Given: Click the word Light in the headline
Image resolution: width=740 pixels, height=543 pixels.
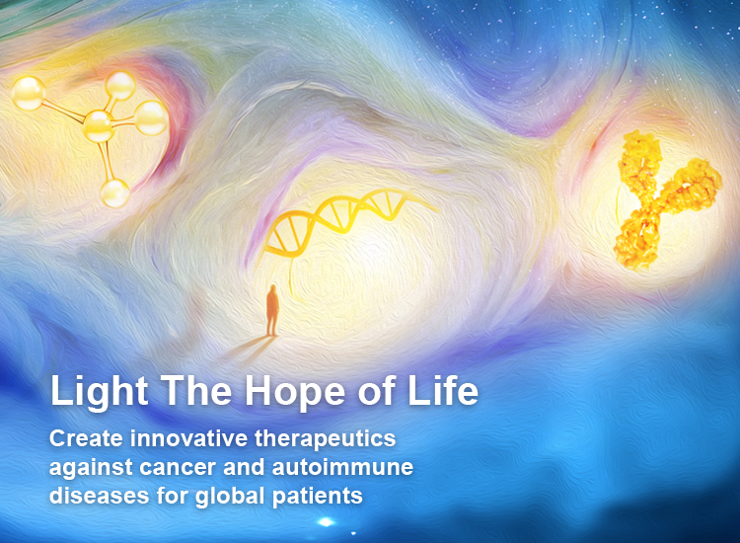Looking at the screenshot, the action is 99,391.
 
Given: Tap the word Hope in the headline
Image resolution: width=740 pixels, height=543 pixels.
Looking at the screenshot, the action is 294,392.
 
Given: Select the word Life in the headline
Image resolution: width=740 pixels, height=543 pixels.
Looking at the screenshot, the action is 443,390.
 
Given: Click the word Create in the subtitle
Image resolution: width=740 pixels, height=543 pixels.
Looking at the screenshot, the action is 87,438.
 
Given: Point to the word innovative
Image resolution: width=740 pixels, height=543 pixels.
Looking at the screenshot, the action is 188,438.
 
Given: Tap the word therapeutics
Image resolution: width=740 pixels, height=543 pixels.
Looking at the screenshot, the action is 326,439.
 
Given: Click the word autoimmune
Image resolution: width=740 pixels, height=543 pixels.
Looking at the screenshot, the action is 342,467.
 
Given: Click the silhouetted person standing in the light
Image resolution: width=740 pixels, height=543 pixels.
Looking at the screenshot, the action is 272,310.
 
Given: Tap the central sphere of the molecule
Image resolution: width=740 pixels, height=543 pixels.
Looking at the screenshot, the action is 99,125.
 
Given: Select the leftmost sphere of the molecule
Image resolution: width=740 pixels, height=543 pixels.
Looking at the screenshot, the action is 29,93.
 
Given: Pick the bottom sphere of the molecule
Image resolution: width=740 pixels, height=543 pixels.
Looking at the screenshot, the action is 114,193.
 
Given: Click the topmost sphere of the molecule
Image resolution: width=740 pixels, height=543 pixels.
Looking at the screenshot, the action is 120,86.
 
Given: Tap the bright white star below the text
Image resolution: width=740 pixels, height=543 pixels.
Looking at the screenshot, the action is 326,521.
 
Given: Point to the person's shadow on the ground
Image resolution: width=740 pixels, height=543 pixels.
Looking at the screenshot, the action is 248,349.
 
